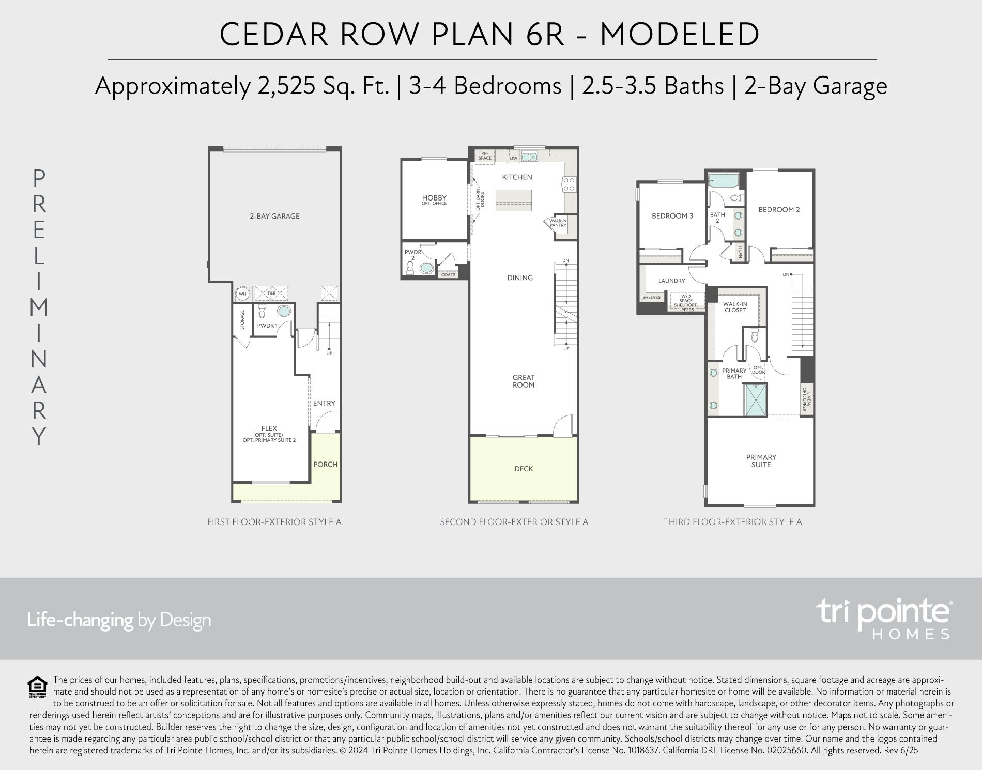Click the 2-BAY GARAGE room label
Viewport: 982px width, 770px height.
274,216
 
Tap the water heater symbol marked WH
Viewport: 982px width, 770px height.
242,294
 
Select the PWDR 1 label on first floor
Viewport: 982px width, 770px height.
267,326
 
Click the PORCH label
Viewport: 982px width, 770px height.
326,464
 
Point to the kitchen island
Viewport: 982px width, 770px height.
514,200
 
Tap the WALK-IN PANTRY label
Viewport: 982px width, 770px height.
558,223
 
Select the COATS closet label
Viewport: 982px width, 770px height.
448,274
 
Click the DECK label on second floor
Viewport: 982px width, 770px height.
524,469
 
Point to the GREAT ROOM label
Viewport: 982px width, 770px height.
524,381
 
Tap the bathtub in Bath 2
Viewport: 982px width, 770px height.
724,181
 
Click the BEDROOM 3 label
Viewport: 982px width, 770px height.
672,215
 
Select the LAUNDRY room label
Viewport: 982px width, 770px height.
672,281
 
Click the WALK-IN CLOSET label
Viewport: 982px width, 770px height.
735,307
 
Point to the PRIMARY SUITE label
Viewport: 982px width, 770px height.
761,460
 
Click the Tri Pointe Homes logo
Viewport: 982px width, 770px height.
883,619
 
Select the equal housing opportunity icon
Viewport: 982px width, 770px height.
37,688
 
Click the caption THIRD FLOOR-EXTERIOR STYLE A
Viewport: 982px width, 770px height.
732,522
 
